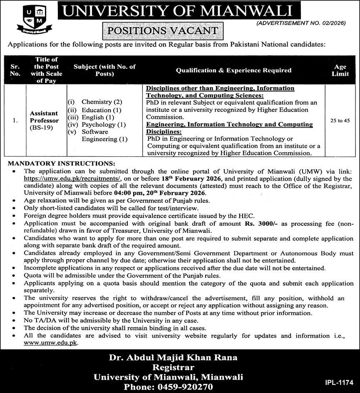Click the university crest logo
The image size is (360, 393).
(35, 20)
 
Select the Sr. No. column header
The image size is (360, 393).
(15, 70)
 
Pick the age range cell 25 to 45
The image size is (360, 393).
(340, 121)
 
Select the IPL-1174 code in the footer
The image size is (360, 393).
(339, 382)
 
